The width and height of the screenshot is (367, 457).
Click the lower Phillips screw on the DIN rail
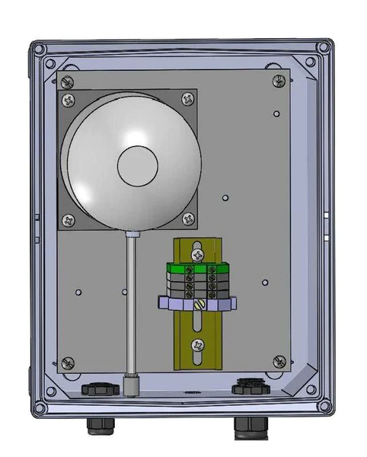tap(197, 344)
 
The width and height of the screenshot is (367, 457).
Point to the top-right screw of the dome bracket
tap(187, 98)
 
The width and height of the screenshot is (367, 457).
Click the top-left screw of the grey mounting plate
tap(68, 80)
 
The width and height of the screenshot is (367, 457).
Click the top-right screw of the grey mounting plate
tap(279, 80)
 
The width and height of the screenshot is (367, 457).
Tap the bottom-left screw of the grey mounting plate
tap(68, 362)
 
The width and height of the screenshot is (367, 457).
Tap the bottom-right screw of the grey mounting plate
tap(279, 360)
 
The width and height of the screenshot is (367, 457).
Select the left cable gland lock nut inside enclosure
tap(100, 388)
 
